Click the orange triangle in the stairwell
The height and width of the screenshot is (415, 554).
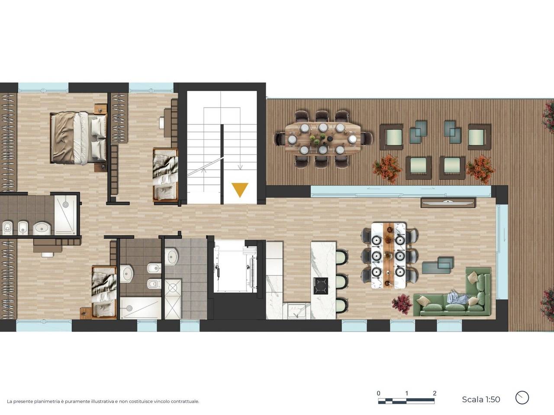pyautogui.click(x=240, y=189)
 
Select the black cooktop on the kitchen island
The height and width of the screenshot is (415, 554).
pyautogui.click(x=321, y=286)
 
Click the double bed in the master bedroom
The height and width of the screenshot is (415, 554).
pyautogui.click(x=78, y=138)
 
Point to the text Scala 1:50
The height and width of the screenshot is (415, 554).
pyautogui.click(x=481, y=399)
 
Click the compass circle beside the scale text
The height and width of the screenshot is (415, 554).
pyautogui.click(x=522, y=398)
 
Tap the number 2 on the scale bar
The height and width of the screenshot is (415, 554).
pyautogui.click(x=435, y=393)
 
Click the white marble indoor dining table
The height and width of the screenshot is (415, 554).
pyautogui.click(x=388, y=255)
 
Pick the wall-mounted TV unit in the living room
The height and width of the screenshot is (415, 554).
pyautogui.click(x=448, y=203)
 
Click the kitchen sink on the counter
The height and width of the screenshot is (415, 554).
pyautogui.click(x=297, y=310)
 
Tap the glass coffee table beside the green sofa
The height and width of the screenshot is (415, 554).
pyautogui.click(x=438, y=265)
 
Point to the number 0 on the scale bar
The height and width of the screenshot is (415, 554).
pyautogui.click(x=378, y=393)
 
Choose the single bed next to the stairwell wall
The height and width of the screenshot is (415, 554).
pyautogui.click(x=165, y=175)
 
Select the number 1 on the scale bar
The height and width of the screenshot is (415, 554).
pyautogui.click(x=406, y=393)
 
